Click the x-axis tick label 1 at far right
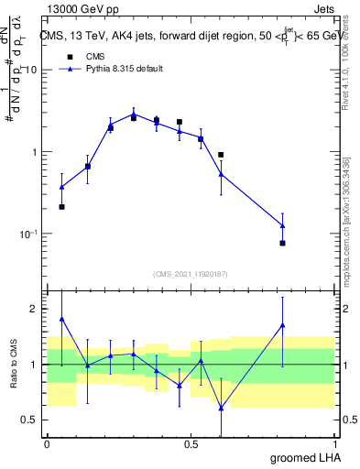335,443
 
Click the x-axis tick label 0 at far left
47,443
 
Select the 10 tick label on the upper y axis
32,71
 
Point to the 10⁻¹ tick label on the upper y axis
30,234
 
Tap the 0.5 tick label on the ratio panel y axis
32,420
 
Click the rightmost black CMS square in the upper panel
282,243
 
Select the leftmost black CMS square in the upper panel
61,207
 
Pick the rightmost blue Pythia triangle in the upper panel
282,225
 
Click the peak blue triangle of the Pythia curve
134,115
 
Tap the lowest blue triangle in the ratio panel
221,408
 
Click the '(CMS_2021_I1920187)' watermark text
191,272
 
